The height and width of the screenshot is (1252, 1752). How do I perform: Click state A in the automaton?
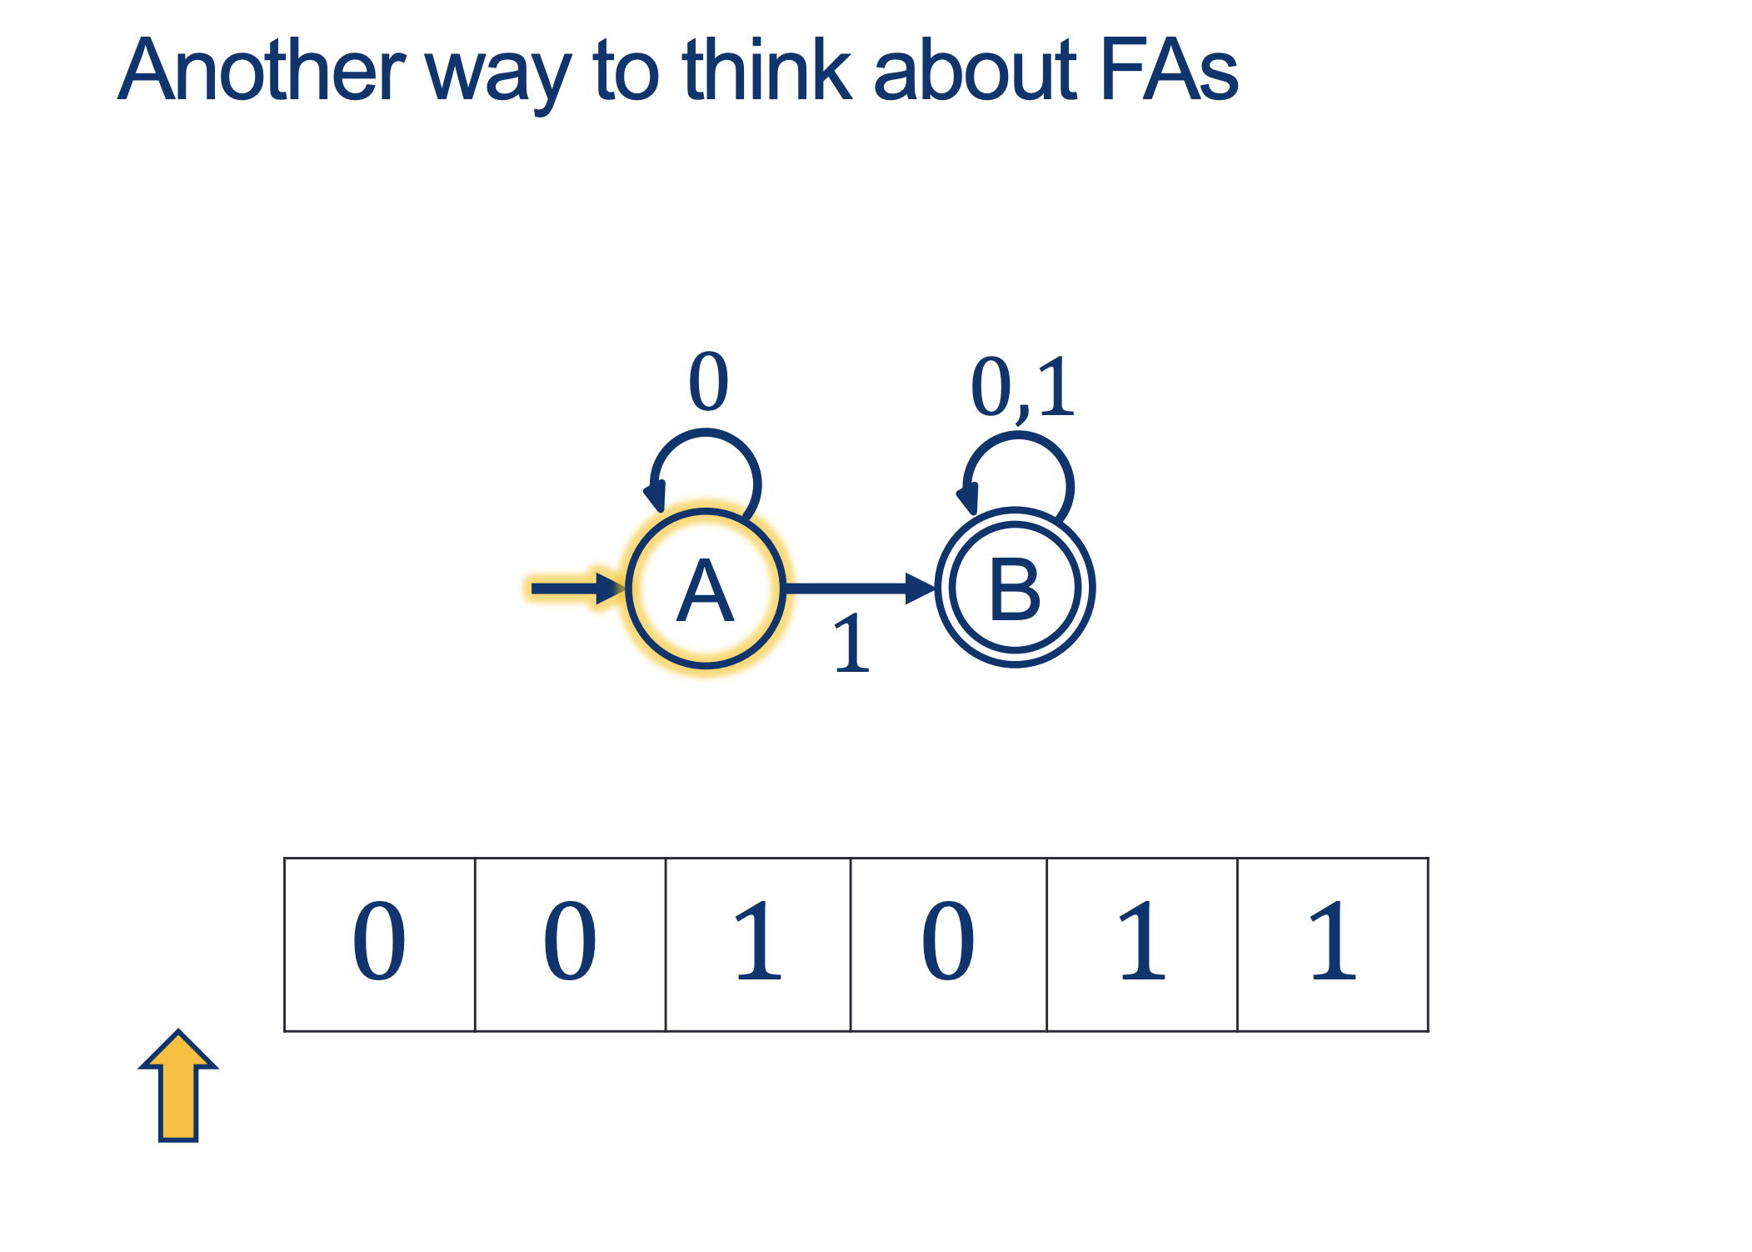705,589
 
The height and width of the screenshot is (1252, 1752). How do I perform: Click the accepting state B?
1014,588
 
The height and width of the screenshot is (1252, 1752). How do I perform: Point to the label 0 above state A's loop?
708,381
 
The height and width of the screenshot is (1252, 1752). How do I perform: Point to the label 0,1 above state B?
1022,388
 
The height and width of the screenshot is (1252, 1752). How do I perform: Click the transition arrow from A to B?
858,588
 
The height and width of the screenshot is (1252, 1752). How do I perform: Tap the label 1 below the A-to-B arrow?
851,643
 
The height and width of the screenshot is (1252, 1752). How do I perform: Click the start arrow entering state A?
575,588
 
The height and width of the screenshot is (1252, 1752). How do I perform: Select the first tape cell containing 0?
380,944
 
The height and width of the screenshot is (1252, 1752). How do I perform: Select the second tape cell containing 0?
570,944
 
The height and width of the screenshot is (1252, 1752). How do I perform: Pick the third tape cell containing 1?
758,944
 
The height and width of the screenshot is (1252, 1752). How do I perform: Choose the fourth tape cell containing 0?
948,944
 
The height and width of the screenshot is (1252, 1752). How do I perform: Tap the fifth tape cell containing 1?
1141,944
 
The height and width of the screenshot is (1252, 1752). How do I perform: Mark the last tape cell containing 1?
1333,944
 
